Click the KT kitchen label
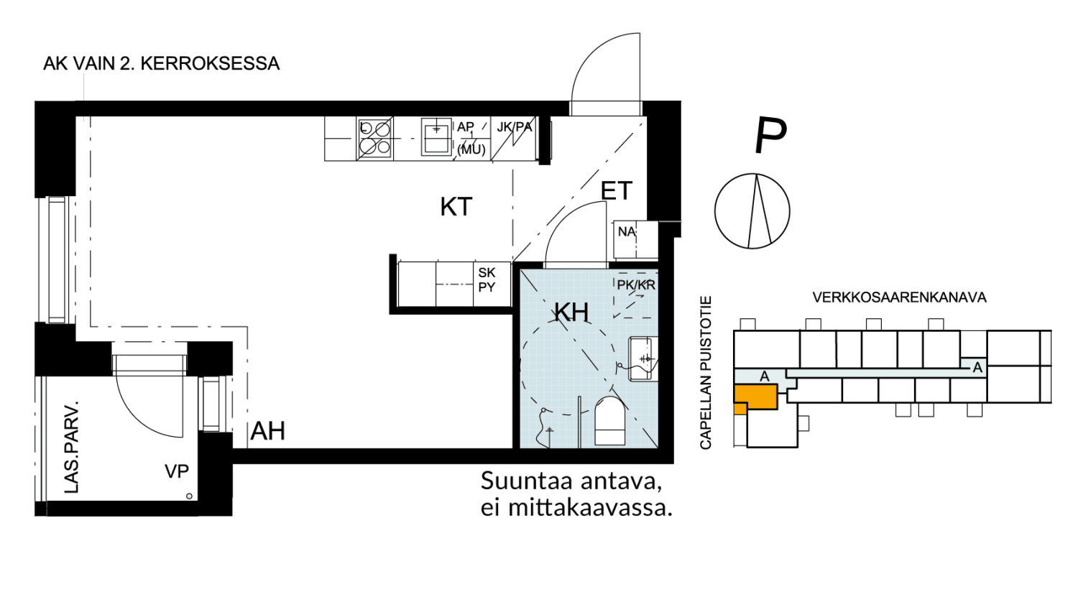[x=456, y=207]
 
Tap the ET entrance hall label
[x=616, y=191]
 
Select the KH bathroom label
[x=571, y=312]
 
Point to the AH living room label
[x=268, y=431]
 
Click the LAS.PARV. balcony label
[x=72, y=447]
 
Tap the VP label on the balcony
[x=177, y=471]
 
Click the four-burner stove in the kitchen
[x=374, y=139]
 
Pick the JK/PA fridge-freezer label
[x=515, y=127]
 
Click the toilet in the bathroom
[x=609, y=422]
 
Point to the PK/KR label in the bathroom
[x=636, y=285]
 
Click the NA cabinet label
[x=627, y=232]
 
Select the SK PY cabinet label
[x=487, y=280]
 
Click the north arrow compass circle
[x=752, y=211]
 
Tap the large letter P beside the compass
[x=770, y=135]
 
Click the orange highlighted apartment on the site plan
[x=755, y=397]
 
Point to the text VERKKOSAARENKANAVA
[x=899, y=297]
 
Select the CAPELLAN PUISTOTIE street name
[x=706, y=373]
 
